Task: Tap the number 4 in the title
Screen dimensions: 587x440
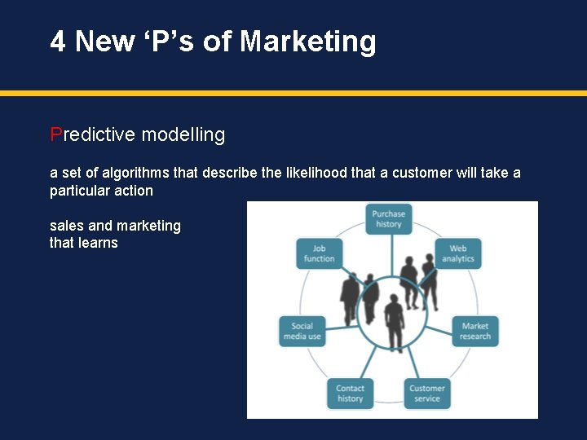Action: tap(58, 41)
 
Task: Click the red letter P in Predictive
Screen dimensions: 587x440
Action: tap(55, 134)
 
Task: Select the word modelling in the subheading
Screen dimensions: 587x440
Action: tap(185, 134)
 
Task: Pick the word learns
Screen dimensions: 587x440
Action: tap(98, 243)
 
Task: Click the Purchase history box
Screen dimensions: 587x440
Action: tap(389, 218)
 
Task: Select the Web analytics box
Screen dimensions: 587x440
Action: tap(458, 253)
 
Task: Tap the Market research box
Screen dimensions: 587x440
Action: tap(475, 331)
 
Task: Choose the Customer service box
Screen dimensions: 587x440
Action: tap(426, 393)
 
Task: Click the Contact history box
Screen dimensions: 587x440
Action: tap(351, 393)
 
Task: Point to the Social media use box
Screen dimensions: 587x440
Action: tap(302, 331)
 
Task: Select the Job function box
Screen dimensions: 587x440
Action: tap(319, 253)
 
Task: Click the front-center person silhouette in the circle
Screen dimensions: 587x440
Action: tap(395, 322)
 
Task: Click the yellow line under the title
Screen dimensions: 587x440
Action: tap(293, 94)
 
